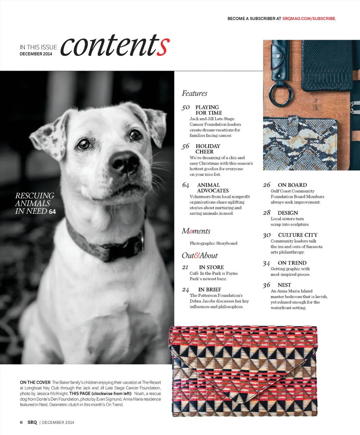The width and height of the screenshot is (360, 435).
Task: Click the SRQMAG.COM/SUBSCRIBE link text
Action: point(309,19)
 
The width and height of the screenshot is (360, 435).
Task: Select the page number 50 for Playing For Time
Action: point(186,108)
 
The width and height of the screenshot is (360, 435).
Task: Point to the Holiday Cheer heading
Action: point(207,149)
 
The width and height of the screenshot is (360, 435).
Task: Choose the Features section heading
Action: point(194,94)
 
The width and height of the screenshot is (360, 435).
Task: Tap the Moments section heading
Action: point(196,231)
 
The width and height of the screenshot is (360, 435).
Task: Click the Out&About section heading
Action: point(200,256)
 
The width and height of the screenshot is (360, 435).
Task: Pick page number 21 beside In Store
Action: point(185,268)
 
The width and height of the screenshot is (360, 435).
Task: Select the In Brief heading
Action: point(210,290)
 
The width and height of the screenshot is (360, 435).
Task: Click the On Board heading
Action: point(292,185)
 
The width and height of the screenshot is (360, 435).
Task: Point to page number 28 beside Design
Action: point(267,213)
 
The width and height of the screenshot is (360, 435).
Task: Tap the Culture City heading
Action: point(297,235)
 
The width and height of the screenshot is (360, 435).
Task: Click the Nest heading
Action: point(284,285)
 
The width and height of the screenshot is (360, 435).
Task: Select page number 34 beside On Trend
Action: point(266,263)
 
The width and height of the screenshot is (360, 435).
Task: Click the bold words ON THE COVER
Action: point(35,383)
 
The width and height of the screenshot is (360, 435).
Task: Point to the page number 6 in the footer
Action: point(21,422)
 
